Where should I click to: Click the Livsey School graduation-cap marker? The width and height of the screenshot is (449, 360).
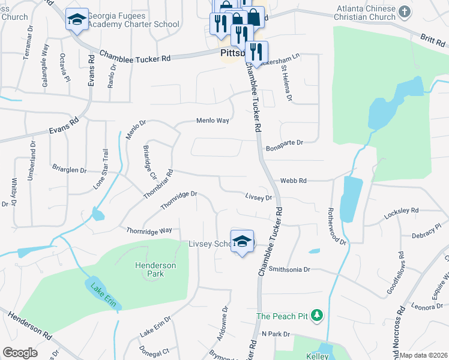pyautogui.click(x=242, y=241)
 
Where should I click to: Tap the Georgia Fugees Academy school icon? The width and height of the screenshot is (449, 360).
pyautogui.click(x=77, y=20)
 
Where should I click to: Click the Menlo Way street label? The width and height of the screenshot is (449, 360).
pyautogui.click(x=213, y=121)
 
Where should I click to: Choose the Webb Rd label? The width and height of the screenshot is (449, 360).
pyautogui.click(x=293, y=181)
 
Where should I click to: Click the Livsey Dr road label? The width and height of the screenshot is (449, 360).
pyautogui.click(x=259, y=196)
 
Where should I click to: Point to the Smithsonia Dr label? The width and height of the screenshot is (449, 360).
pyautogui.click(x=289, y=269)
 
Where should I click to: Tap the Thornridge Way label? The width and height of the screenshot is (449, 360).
pyautogui.click(x=149, y=230)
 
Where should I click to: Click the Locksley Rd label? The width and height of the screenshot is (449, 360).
pyautogui.click(x=402, y=211)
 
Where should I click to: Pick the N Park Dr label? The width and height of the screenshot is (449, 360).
pyautogui.click(x=276, y=334)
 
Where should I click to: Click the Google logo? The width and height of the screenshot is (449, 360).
pyautogui.click(x=20, y=353)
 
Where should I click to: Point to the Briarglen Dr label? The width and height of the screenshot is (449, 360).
pyautogui.click(x=69, y=170)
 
